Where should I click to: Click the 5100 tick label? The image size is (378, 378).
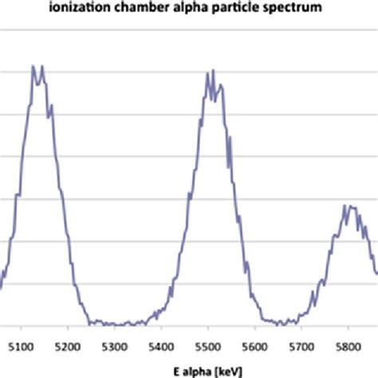(21, 348)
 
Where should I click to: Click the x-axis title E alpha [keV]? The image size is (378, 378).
(190, 371)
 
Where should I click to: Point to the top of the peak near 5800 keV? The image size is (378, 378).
(348, 206)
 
